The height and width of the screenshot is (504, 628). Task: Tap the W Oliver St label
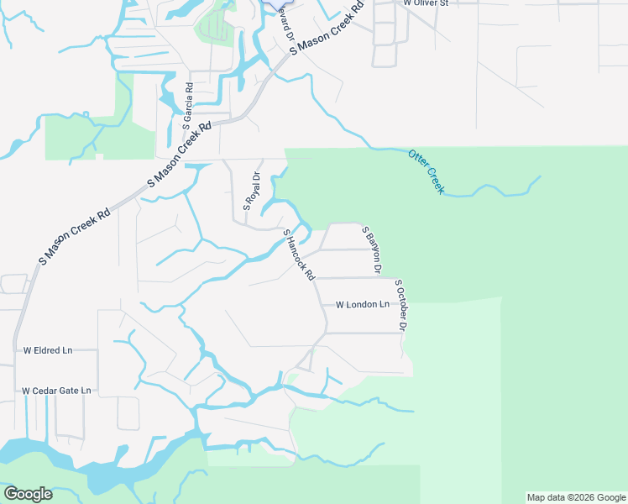[x=427, y=3]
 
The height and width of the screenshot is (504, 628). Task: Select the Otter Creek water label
[x=426, y=171]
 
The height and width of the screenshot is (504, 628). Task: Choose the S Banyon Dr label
[x=371, y=249]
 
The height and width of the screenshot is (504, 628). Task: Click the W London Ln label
[x=363, y=305]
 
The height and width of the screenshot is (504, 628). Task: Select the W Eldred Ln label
[x=48, y=349]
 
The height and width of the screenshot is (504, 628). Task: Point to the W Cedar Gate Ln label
[x=56, y=391]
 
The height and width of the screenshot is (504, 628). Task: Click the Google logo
[x=28, y=494]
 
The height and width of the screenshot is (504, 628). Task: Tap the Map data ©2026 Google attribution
[x=575, y=497]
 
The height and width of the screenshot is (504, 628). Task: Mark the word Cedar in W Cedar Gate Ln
[x=49, y=391]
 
